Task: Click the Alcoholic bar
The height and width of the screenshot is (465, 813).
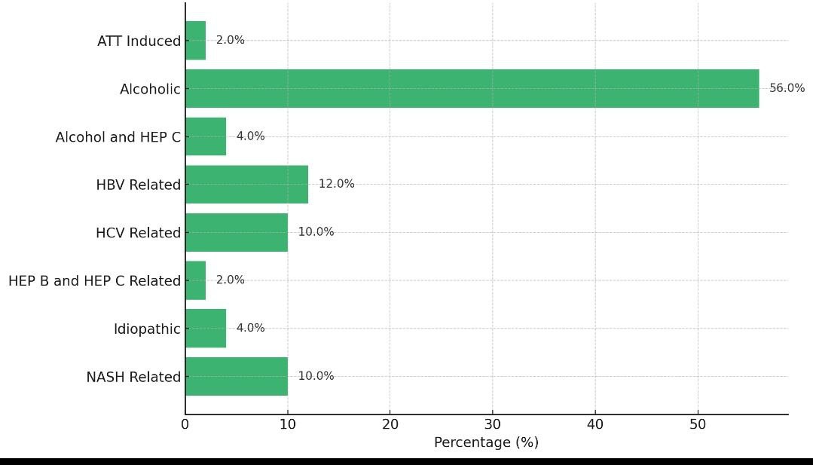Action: [472, 88]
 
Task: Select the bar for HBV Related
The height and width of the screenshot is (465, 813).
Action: [246, 185]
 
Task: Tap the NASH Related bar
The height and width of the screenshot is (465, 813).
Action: [236, 376]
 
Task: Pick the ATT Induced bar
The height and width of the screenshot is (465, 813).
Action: [195, 41]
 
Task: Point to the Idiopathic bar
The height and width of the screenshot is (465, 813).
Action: [205, 329]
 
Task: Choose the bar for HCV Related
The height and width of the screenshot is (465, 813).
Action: [236, 232]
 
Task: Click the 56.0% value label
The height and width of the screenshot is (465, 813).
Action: [787, 88]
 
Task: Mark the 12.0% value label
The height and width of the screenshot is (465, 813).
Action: [336, 184]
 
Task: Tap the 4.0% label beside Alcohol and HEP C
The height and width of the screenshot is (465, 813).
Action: [250, 136]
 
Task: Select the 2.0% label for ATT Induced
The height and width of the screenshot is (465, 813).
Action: [230, 40]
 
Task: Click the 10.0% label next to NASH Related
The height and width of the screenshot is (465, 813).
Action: [316, 376]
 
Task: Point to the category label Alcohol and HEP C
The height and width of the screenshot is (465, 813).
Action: [118, 137]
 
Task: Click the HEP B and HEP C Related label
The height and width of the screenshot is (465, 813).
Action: [94, 280]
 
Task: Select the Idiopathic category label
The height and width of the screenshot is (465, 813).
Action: [147, 329]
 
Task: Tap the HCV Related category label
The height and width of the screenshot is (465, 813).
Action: [138, 233]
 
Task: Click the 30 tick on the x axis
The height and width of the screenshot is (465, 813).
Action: [492, 424]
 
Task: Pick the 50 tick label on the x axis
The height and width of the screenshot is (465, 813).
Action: [697, 424]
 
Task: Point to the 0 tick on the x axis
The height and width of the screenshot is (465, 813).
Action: [185, 424]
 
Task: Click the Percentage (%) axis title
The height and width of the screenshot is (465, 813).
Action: [486, 442]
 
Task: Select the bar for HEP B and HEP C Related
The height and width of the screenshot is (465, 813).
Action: [195, 280]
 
